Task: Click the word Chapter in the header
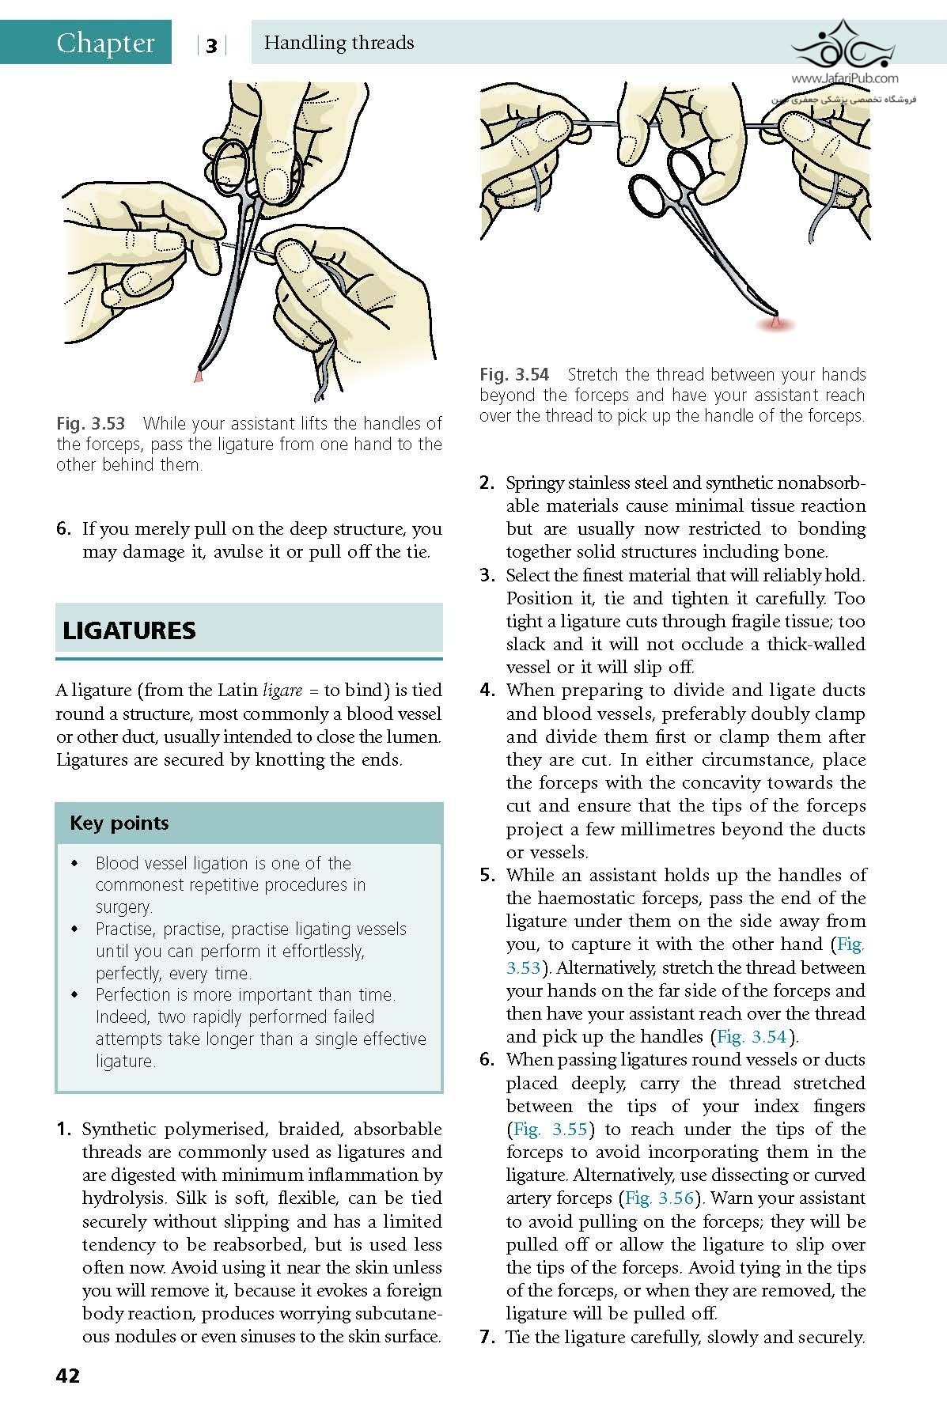pyautogui.click(x=105, y=43)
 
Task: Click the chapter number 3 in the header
pyautogui.click(x=211, y=46)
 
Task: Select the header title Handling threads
pyautogui.click(x=339, y=43)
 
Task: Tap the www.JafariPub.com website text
pyautogui.click(x=844, y=78)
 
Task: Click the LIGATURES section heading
pyautogui.click(x=129, y=630)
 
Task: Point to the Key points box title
pyautogui.click(x=119, y=823)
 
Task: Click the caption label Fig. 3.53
pyautogui.click(x=90, y=423)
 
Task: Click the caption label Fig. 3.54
pyautogui.click(x=514, y=374)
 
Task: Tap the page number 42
pyautogui.click(x=68, y=1376)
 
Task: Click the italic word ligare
pyautogui.click(x=282, y=691)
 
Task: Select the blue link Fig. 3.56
pyautogui.click(x=660, y=1198)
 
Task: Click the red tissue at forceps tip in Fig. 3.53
pyautogui.click(x=199, y=376)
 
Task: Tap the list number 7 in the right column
pyautogui.click(x=487, y=1337)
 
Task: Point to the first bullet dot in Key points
pyautogui.click(x=74, y=863)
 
